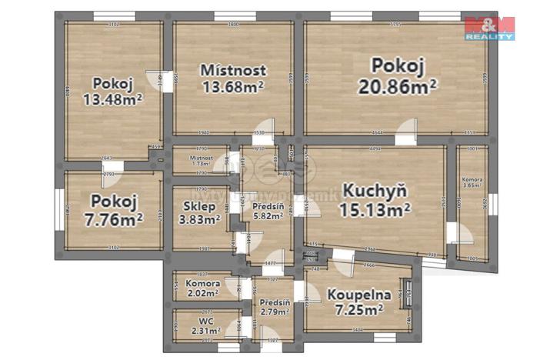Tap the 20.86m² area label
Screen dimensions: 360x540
[398, 86]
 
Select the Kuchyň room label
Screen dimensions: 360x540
[375, 190]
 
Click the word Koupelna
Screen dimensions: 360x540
[359, 294]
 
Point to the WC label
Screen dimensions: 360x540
[207, 319]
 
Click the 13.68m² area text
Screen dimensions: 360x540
[232, 87]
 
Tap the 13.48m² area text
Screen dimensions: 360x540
[114, 98]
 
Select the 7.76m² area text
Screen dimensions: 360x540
[113, 220]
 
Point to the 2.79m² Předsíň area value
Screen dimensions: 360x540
[275, 314]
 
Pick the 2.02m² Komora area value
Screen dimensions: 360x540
[204, 292]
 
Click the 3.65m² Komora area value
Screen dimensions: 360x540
[473, 185]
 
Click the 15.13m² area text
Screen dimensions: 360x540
[375, 208]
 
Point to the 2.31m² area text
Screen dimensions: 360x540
[205, 331]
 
